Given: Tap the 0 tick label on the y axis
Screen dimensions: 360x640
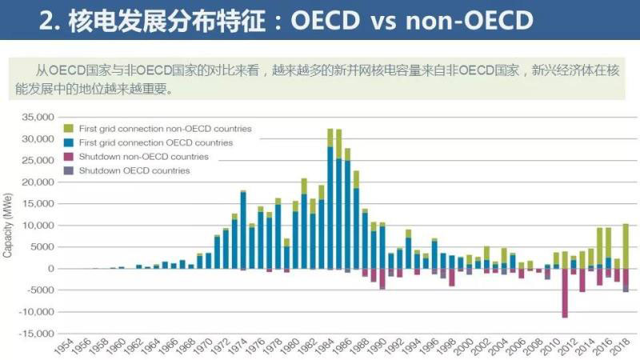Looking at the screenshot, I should [x=50, y=269].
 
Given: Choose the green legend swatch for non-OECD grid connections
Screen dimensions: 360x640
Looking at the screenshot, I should [x=69, y=129].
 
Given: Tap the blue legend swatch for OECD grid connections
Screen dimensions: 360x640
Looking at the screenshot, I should [x=69, y=142].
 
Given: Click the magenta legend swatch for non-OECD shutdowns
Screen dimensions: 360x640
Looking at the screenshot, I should [x=69, y=157].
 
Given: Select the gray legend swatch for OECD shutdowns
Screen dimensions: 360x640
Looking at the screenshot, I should [x=69, y=170].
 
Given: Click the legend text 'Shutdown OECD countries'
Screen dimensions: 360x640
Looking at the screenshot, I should [x=134, y=170].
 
